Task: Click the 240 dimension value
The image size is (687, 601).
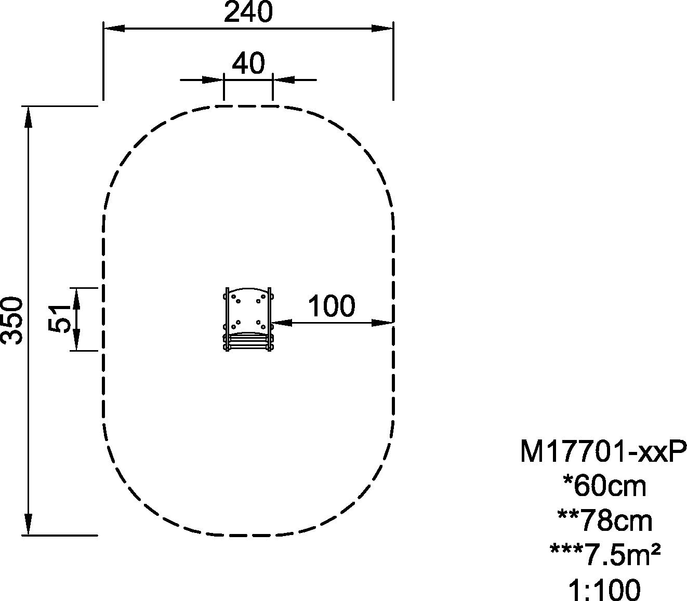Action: (248, 12)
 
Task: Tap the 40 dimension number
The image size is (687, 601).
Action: (248, 63)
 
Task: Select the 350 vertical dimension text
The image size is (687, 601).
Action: (12, 320)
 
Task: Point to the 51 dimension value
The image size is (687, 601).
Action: (60, 319)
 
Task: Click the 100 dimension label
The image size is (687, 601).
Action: (331, 306)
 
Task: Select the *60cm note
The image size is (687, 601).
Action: (605, 486)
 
